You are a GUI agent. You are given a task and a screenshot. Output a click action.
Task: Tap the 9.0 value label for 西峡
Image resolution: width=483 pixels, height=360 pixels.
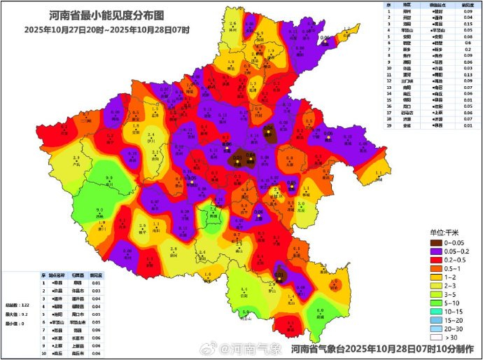pos(99,210)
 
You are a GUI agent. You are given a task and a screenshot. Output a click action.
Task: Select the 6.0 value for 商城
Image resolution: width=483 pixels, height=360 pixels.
pos(320,311)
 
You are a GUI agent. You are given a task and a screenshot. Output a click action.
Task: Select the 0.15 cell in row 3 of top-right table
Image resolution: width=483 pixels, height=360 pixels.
pos(467,25)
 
